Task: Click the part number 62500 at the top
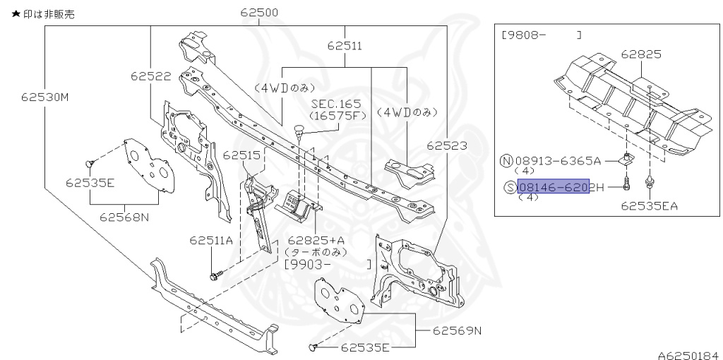point(259,12)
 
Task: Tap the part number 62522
point(150,75)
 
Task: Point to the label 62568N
point(124,217)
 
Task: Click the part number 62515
point(242,155)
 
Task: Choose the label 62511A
point(211,240)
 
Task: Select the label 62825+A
point(313,240)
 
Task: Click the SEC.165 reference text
point(337,103)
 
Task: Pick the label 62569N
point(457,330)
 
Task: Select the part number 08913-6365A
point(558,160)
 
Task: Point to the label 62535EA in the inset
point(650,206)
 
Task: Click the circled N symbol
point(506,160)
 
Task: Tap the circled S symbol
point(510,187)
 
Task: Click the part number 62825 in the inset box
point(641,54)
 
